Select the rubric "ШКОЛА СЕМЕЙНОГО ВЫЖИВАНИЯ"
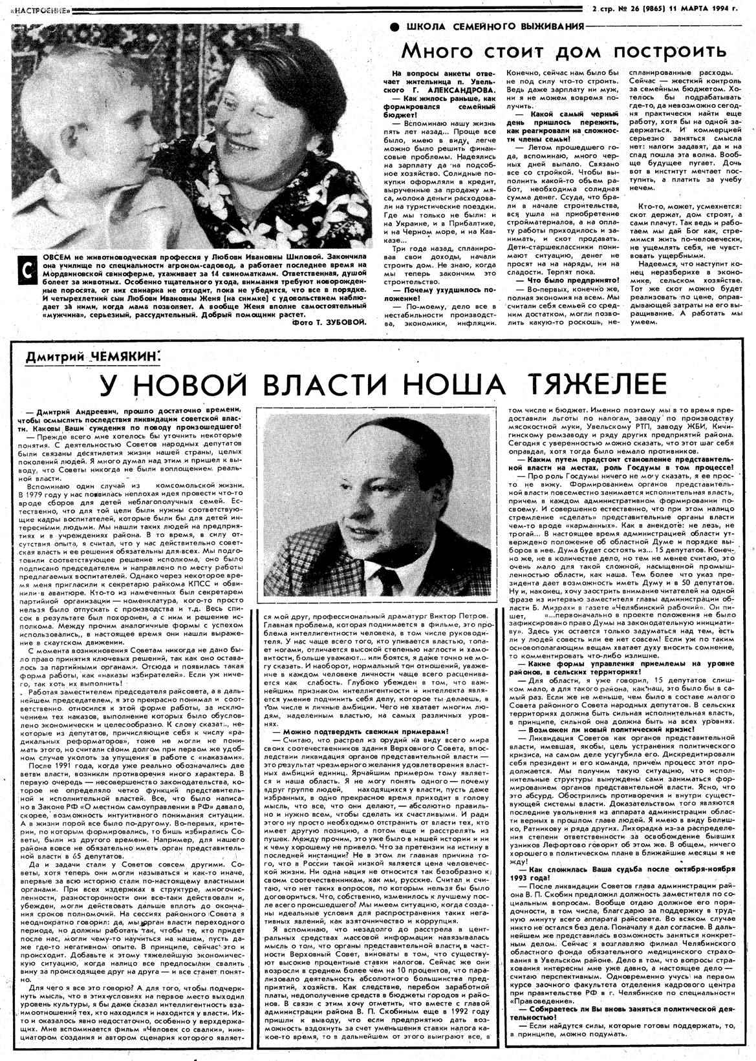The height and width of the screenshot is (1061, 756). (x=494, y=26)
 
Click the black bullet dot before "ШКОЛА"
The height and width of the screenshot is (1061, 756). (x=394, y=26)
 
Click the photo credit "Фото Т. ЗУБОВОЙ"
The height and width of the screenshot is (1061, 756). (x=329, y=321)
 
